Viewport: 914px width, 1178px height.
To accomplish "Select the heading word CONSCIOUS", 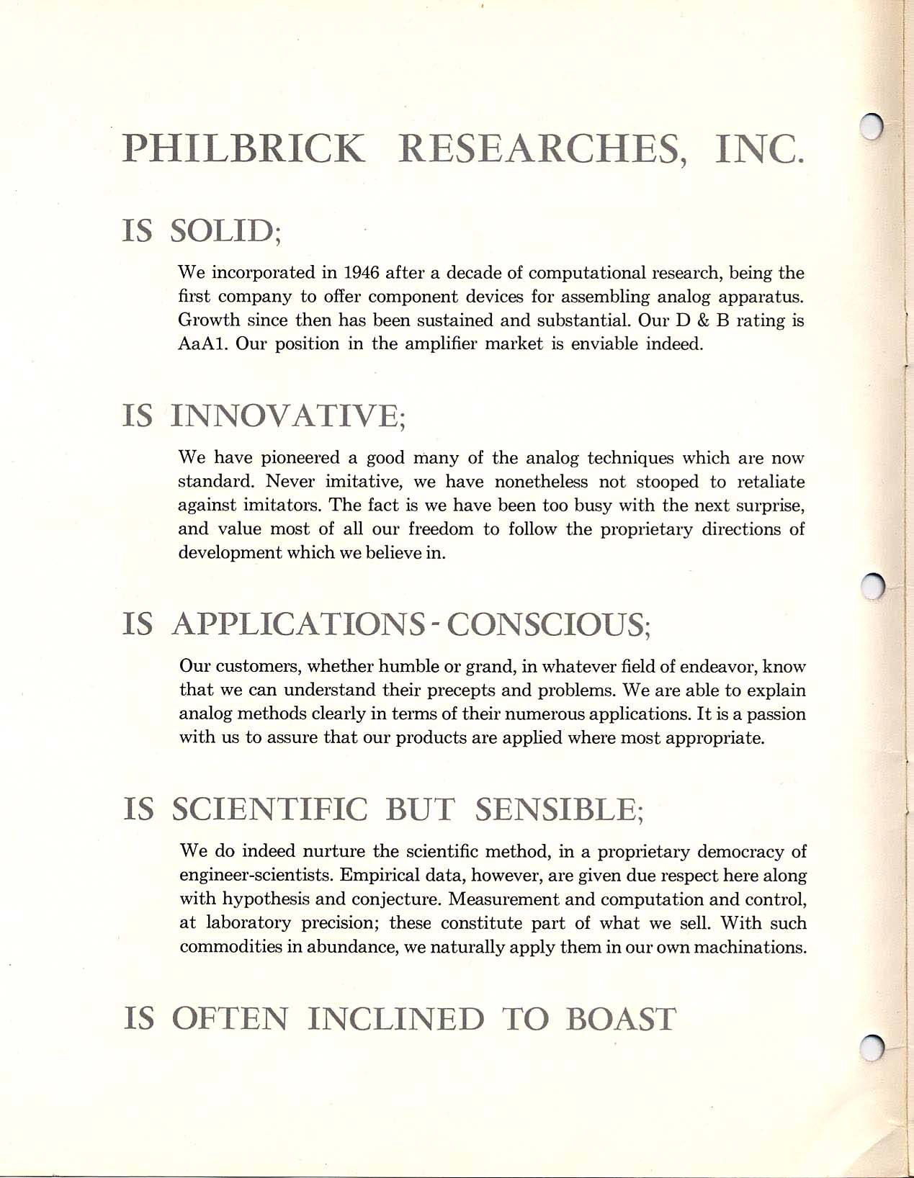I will (x=549, y=623).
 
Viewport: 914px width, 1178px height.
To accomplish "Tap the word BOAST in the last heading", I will (x=622, y=1019).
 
